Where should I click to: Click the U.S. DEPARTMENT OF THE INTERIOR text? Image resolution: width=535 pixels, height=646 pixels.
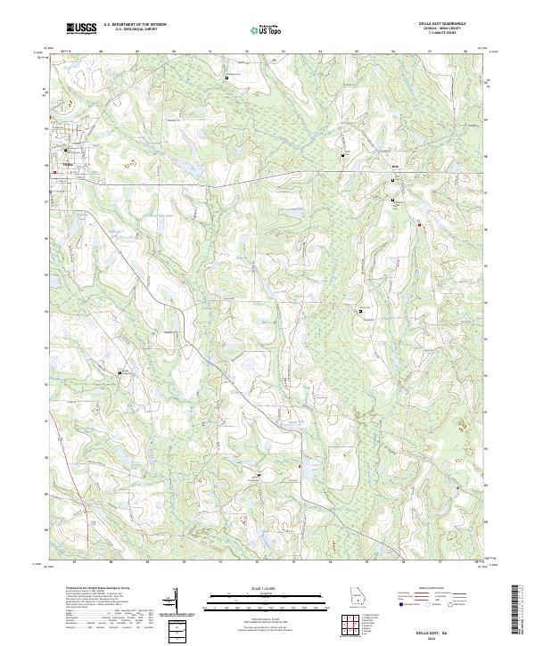pos(135,25)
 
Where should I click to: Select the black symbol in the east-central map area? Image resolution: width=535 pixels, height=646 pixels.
pos(361,310)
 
